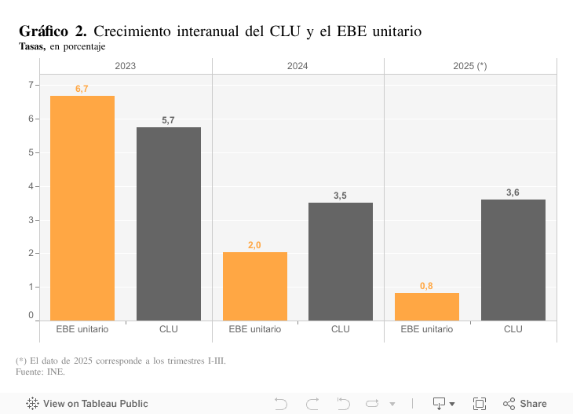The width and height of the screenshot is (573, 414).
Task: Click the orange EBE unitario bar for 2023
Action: coord(82,208)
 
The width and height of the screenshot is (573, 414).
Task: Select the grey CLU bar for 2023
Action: coord(169,224)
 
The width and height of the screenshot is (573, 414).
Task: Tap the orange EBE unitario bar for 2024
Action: coord(254,286)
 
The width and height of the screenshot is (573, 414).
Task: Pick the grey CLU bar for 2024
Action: coord(341,261)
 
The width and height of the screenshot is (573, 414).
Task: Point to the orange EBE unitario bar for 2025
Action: coord(426,306)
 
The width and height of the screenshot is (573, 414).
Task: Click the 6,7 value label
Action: coord(82,89)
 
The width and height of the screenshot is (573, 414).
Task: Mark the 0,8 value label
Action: coord(426,286)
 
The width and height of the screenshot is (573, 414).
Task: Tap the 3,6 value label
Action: coord(513,192)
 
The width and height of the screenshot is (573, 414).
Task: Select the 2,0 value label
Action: coord(254,245)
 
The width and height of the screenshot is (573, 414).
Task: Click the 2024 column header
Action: coord(297,66)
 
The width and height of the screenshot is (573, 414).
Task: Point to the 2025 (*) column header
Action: coord(470,66)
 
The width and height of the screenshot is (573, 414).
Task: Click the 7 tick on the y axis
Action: coord(31,85)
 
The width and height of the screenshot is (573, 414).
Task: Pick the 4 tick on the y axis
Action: coord(31,186)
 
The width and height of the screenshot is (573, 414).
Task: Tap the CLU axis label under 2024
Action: coord(341,329)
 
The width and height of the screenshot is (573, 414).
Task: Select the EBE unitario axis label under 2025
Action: coord(426,329)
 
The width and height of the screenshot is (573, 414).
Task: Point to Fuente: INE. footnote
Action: coord(40,372)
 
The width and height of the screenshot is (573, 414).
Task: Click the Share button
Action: coord(525,404)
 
